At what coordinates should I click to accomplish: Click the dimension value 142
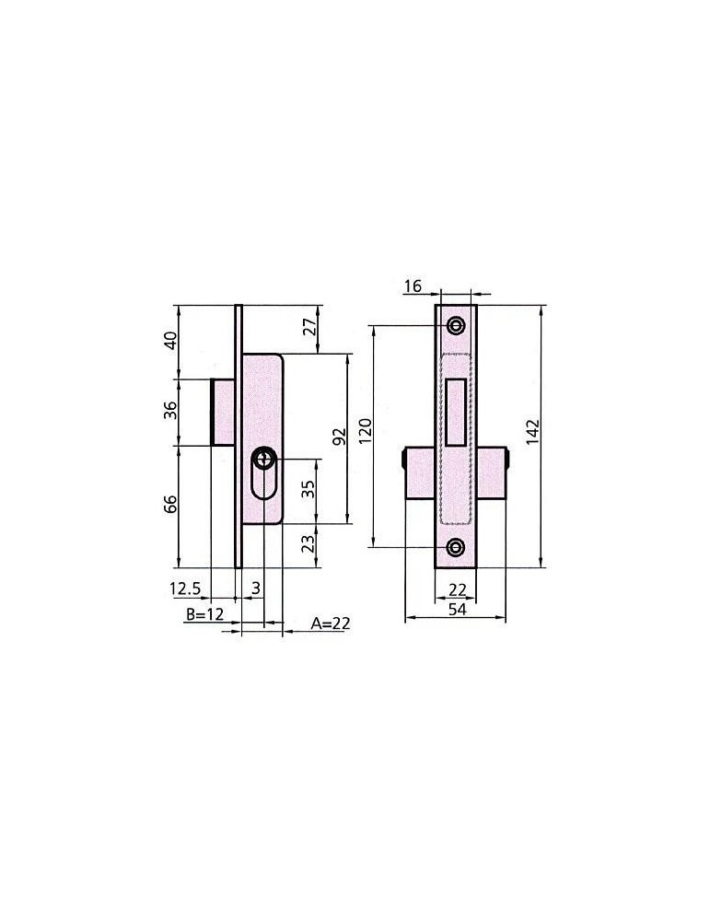click(x=532, y=432)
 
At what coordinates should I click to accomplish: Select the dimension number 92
click(x=339, y=437)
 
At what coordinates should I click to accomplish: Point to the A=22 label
click(x=330, y=624)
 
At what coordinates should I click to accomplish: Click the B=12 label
click(x=205, y=614)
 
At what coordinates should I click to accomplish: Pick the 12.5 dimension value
click(x=186, y=588)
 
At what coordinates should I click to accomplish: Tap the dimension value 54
click(x=457, y=610)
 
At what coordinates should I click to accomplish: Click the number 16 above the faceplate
click(x=413, y=286)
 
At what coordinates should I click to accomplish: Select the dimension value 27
click(x=310, y=325)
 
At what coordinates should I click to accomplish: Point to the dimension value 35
click(x=308, y=489)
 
